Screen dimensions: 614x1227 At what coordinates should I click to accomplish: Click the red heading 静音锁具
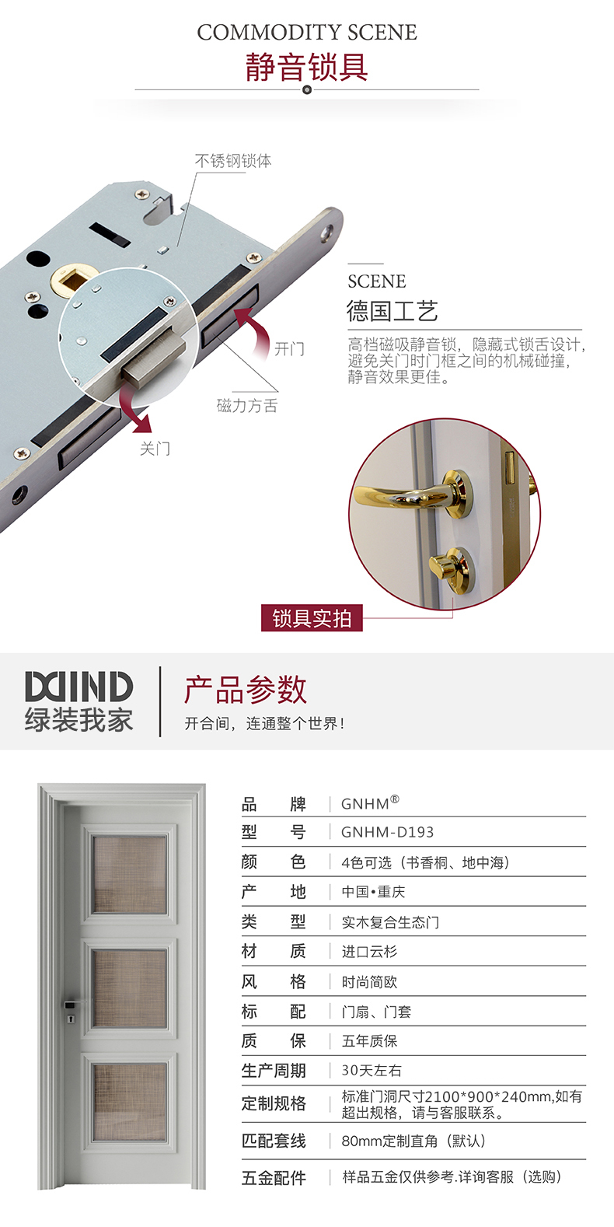coord(307,67)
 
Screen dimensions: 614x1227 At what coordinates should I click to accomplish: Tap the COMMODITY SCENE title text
coord(307,33)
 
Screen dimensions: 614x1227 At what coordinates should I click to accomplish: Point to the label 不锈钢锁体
coord(233,160)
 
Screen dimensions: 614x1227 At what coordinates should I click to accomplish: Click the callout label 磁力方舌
coord(247,405)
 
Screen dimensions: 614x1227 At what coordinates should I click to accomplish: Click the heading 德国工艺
coord(392,311)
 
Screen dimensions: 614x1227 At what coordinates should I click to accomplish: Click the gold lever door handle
coord(417,494)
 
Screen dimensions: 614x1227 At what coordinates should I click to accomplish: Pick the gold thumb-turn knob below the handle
coord(450,566)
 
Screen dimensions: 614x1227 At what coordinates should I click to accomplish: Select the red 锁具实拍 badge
coord(312,618)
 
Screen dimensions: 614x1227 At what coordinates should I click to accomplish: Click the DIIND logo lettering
coord(78,686)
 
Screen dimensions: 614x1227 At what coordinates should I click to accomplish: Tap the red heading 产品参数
coord(246,690)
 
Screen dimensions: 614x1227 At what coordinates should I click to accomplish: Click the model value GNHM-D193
coord(387,832)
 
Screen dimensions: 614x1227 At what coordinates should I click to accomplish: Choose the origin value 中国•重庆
coord(373,892)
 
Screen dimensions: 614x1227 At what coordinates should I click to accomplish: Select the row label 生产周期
coord(274,1071)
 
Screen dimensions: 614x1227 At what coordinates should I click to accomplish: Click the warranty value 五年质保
coord(369,1040)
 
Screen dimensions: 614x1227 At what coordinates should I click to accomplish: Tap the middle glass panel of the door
coord(129,988)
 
